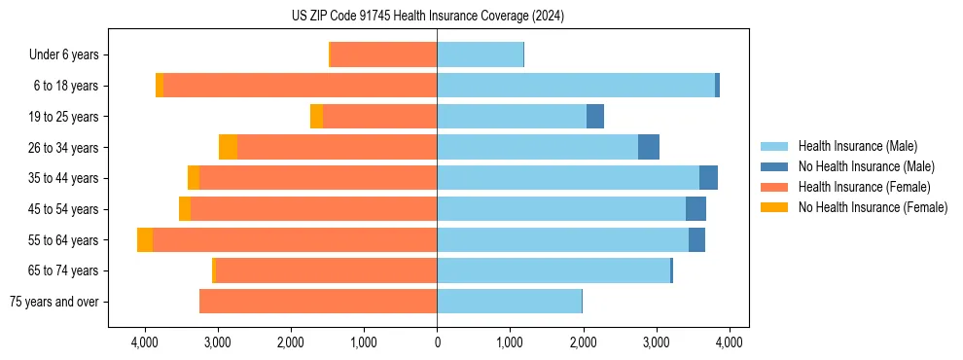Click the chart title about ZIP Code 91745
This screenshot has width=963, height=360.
coord(427,16)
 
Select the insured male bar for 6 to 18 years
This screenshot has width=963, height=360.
coord(576,86)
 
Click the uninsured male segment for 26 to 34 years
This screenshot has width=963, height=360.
coord(649,147)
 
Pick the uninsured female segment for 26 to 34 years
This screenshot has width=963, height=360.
coord(228,147)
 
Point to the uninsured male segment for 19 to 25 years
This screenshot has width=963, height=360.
coord(595,117)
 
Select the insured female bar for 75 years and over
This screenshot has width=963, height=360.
coord(318,302)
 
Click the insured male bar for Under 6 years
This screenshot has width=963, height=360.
coord(481,54)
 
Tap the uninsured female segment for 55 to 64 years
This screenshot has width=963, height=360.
coord(145,239)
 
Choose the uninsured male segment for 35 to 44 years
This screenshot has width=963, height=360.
coord(708,178)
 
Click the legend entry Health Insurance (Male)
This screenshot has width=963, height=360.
coord(857,146)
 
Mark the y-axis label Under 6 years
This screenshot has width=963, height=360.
coord(63,55)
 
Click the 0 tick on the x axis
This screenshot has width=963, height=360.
coord(437,342)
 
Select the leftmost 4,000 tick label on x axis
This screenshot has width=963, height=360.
coord(144,342)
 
